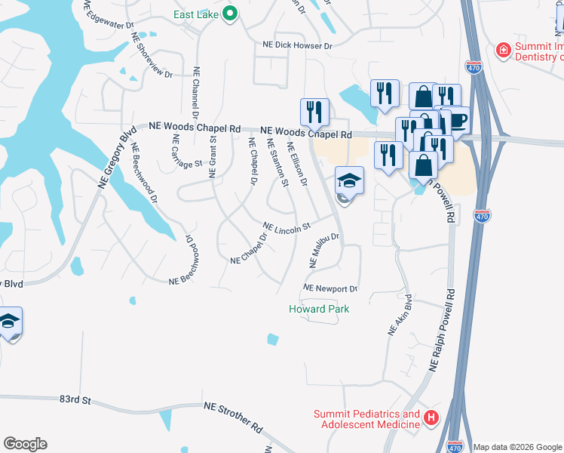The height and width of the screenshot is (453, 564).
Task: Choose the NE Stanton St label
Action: point(277,163)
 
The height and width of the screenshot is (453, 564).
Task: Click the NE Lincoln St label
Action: point(287,226)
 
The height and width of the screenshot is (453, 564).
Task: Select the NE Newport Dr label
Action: point(330,288)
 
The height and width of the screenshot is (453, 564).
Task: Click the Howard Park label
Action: point(319,309)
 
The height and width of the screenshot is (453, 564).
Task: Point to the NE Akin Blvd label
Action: point(399,315)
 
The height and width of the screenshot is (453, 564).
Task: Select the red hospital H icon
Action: point(431,417)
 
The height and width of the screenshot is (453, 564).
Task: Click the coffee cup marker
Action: point(458,120)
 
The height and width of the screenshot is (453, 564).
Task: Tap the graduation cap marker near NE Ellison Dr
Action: point(349,180)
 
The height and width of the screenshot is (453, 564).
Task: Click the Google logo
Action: point(25,444)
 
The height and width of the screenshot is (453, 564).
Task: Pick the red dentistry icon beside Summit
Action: point(503,50)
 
